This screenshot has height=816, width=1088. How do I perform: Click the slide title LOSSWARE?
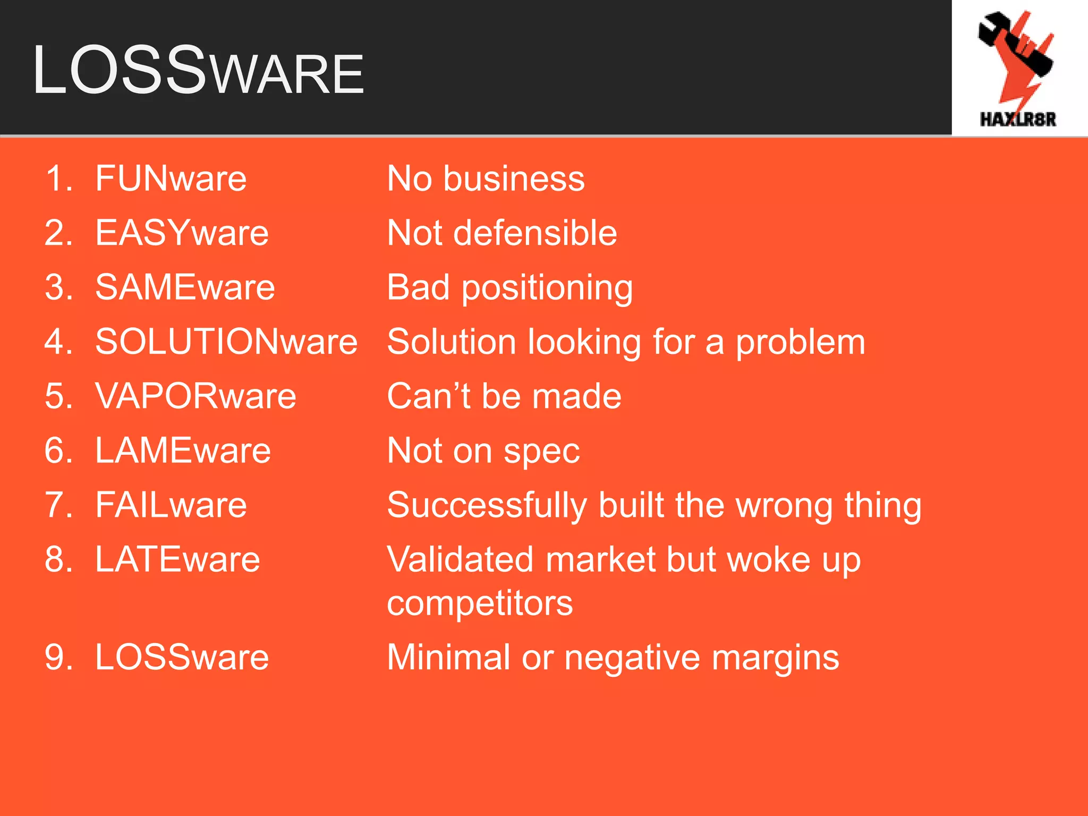tap(198, 71)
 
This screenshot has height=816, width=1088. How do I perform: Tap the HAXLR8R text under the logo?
tap(1017, 119)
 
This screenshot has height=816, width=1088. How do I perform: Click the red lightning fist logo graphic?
tap(1016, 56)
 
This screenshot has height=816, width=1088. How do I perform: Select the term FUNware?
tap(171, 178)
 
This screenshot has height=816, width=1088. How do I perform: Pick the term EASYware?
tap(182, 233)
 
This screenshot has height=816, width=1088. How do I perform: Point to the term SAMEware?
tap(185, 287)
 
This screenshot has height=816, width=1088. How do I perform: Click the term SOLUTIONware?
tap(226, 342)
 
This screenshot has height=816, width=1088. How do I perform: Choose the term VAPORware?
tap(195, 396)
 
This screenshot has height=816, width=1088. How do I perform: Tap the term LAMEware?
tap(183, 450)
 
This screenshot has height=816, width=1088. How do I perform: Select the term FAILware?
tap(171, 505)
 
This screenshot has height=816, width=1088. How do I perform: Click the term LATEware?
tap(177, 559)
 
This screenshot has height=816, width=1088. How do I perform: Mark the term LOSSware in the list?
tap(182, 657)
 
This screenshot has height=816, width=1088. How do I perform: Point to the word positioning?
tap(547, 288)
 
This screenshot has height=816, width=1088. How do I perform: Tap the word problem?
tap(800, 343)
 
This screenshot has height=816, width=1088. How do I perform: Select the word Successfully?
tap(487, 505)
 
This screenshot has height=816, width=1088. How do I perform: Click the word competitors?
tap(480, 603)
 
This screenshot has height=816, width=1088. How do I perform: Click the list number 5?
tap(57, 396)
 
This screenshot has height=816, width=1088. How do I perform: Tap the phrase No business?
tap(486, 178)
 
